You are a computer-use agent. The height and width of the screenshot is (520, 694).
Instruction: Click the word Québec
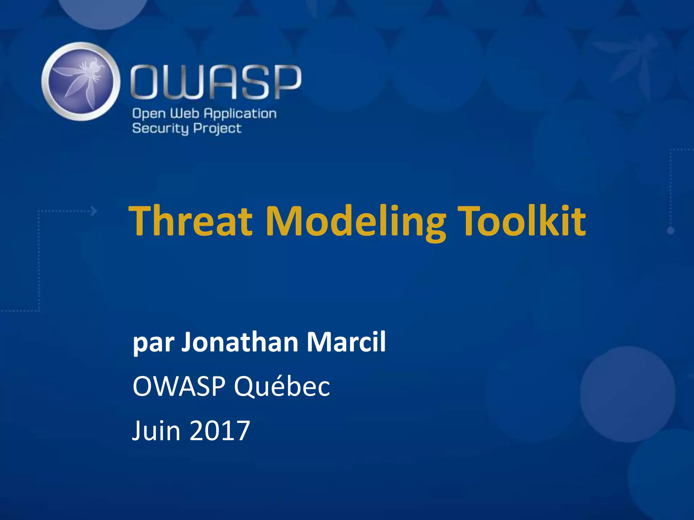282,387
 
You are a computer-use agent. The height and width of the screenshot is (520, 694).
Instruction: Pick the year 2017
220,431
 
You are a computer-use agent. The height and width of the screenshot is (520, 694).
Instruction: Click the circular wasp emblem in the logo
81,82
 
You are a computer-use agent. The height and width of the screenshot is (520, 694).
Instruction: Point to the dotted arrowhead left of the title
94,211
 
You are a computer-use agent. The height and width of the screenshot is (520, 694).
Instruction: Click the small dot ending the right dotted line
671,231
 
